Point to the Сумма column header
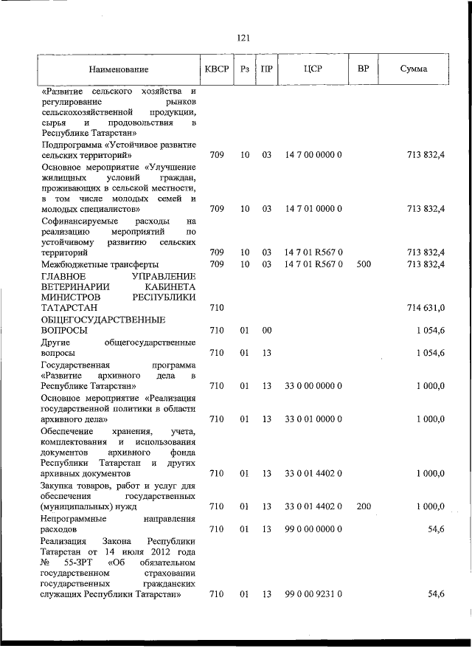[x=414, y=69]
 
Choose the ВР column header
[x=363, y=69]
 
